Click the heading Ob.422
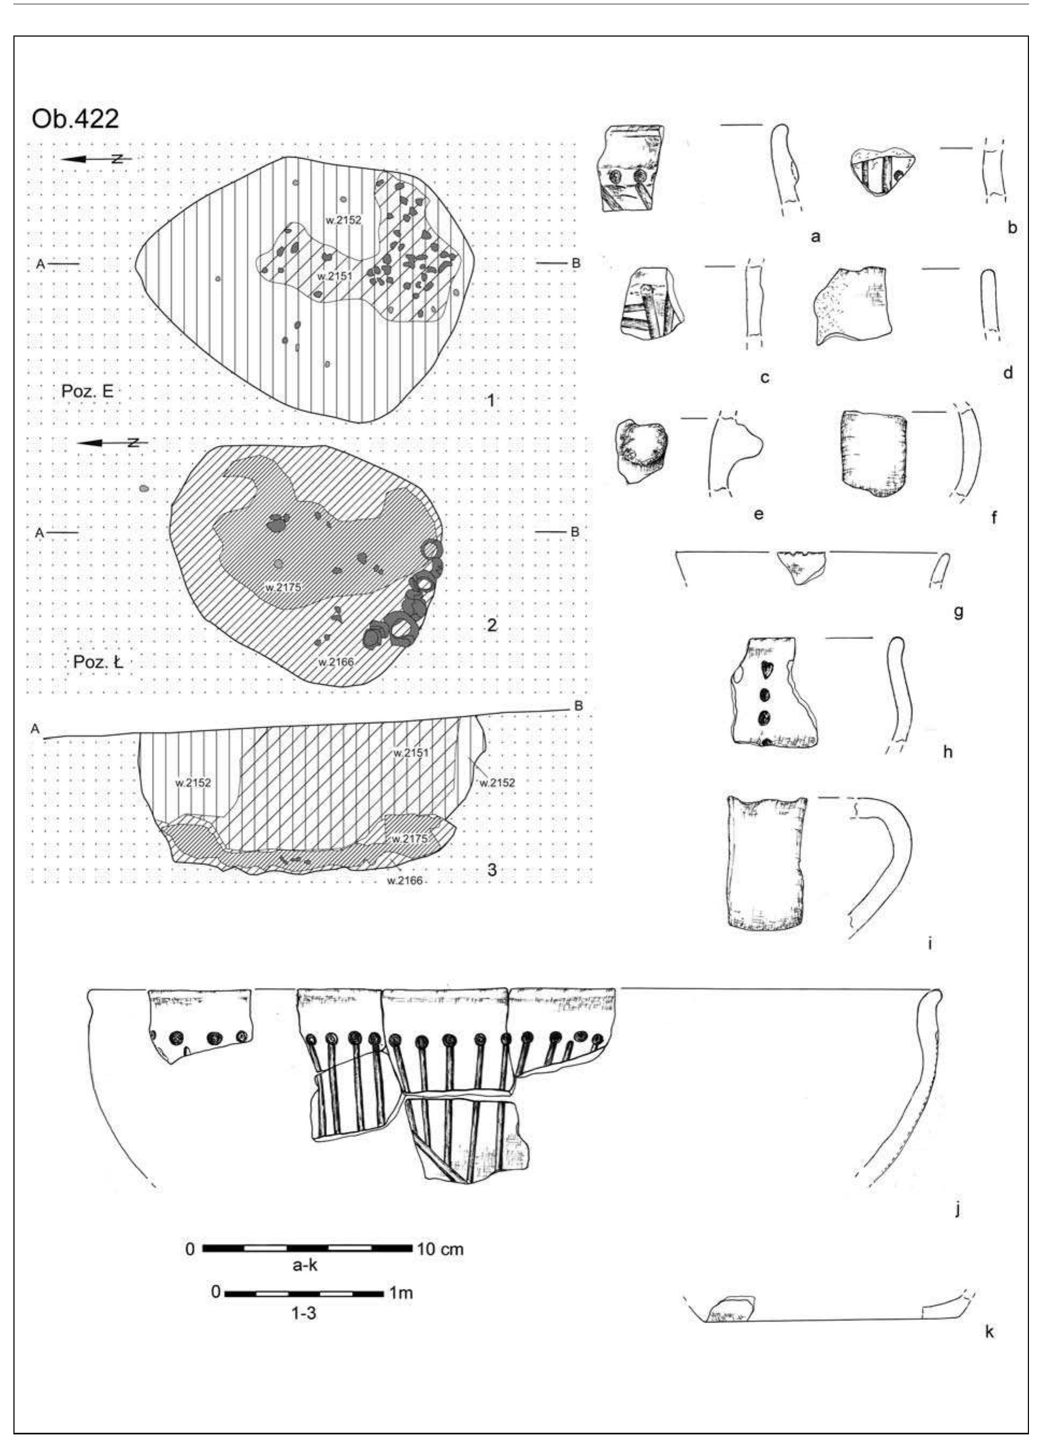[75, 119]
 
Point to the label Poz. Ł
[97, 662]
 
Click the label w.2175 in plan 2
[283, 587]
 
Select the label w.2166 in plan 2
[336, 661]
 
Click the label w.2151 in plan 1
[334, 275]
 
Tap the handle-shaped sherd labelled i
[766, 863]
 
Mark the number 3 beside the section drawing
[491, 869]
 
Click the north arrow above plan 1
[95, 159]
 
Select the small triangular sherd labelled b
[881, 170]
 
